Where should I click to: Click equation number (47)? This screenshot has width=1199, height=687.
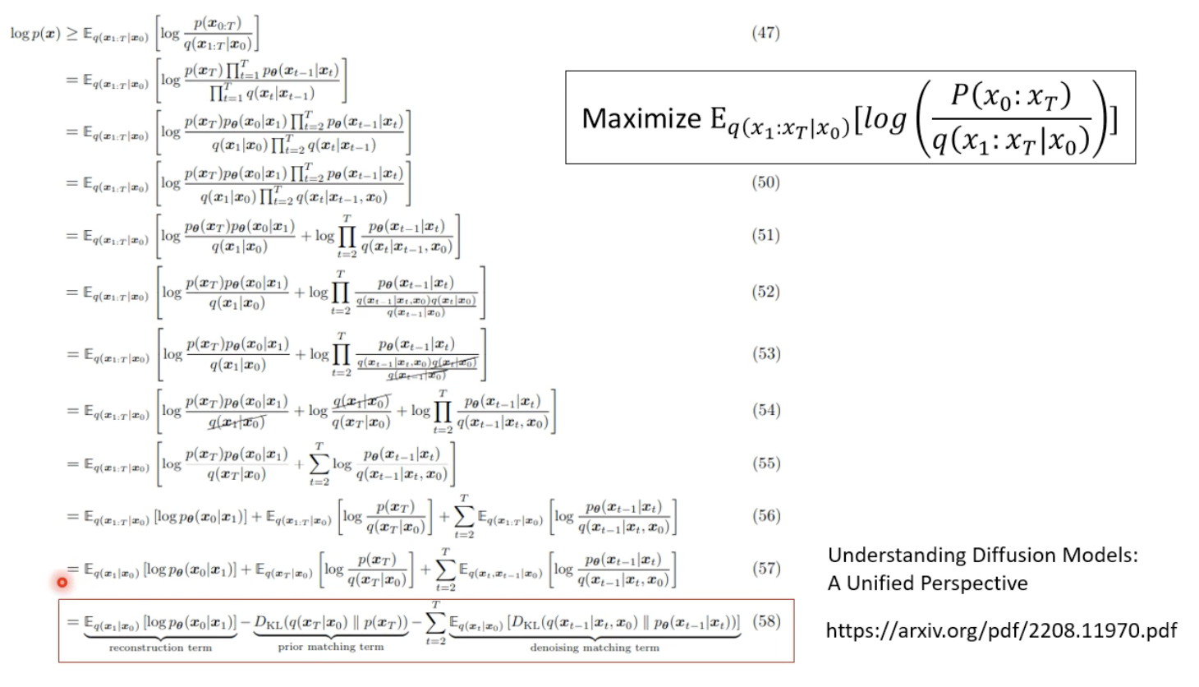click(765, 33)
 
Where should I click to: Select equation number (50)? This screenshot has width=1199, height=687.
click(765, 182)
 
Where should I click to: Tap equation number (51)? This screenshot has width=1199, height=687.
click(765, 236)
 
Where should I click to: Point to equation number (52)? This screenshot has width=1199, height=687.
click(765, 292)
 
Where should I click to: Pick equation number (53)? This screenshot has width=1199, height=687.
click(765, 354)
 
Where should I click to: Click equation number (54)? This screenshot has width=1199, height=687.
click(765, 410)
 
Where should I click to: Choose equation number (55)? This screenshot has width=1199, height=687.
click(765, 463)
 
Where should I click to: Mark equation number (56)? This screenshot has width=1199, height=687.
click(765, 516)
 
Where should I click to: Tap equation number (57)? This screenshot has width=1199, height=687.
click(765, 569)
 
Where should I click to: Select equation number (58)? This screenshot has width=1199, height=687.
click(765, 621)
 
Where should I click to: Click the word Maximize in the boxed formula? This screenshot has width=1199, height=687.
click(641, 118)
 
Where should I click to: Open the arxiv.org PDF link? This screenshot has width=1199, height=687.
click(1000, 630)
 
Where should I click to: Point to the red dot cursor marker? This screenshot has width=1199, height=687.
click(62, 583)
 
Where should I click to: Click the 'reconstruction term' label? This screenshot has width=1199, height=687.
click(160, 648)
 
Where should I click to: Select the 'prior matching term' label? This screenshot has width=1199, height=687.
click(330, 648)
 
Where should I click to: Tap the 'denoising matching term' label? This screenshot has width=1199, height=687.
click(595, 648)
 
